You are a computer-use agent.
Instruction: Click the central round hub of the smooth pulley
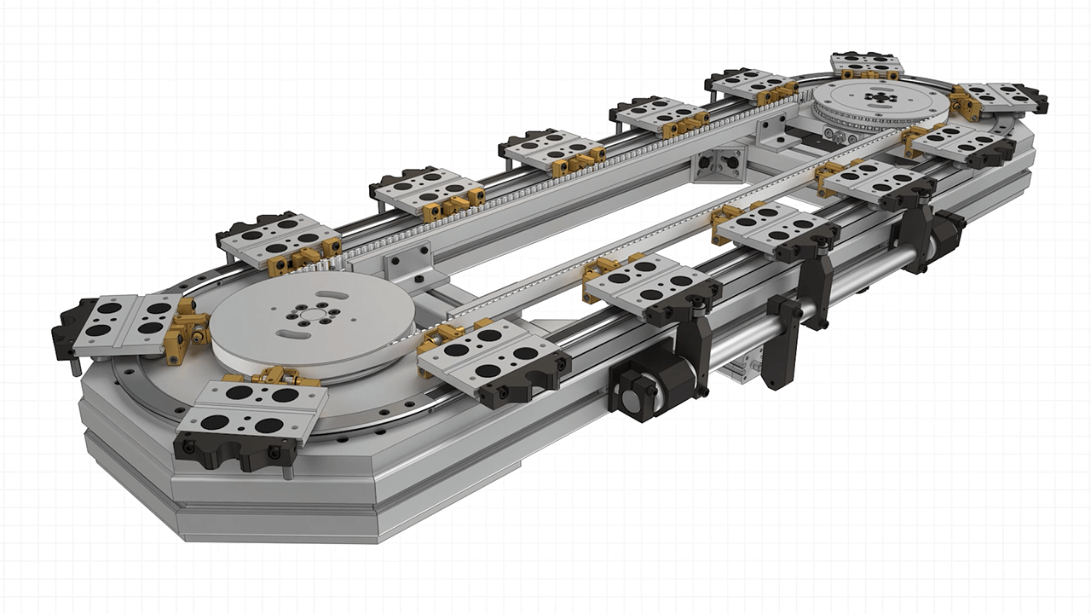click(307, 314)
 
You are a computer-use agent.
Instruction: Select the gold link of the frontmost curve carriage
click(271, 375)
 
